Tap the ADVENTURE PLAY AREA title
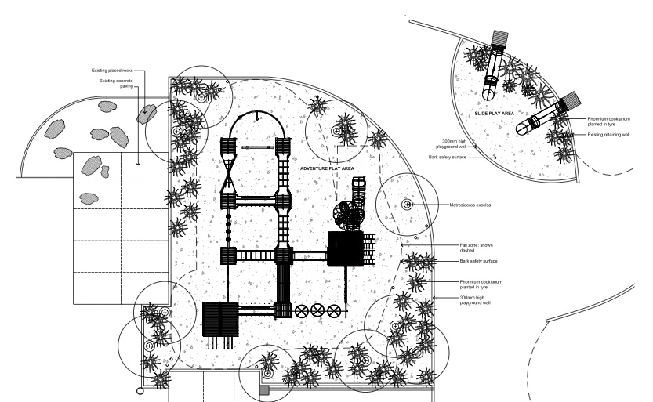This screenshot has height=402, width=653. tap(328, 168)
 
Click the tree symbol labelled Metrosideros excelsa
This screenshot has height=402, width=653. tap(408, 205)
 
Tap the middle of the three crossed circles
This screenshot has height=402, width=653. tap(317, 311)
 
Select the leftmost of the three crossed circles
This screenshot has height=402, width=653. tap(300, 311)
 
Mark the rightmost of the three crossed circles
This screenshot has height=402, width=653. tap(336, 311)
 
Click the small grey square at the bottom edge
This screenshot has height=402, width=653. tap(264, 389)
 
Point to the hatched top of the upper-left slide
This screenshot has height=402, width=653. tap(500, 41)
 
